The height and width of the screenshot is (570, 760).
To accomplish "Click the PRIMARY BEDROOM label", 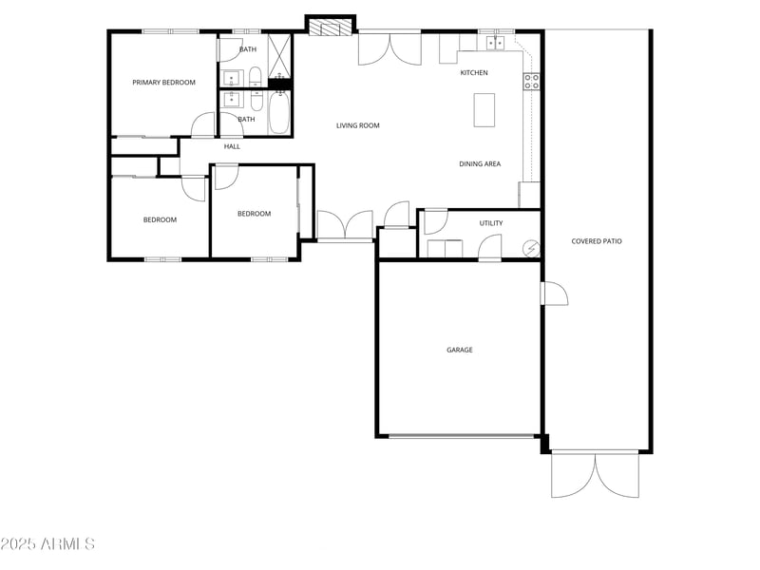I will (x=163, y=83).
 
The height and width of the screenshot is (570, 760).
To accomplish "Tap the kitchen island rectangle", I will (x=484, y=109).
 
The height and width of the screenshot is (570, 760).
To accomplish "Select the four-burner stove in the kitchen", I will (x=531, y=83).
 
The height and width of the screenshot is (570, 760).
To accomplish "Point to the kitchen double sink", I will (x=496, y=43).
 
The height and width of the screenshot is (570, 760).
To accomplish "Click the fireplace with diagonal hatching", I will (x=330, y=28).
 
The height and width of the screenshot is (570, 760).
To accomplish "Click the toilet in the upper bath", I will (x=255, y=76).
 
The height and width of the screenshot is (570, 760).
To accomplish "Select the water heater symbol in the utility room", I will (x=533, y=249).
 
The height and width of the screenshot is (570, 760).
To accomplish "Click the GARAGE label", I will (x=460, y=350).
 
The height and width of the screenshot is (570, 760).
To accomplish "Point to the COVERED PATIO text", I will (x=597, y=241).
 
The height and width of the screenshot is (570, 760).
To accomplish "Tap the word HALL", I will (x=232, y=146).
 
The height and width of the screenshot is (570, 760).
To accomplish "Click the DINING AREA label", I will (x=480, y=164).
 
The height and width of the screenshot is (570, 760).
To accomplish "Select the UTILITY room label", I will (x=491, y=223).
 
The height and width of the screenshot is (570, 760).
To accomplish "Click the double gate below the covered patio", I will (x=595, y=474).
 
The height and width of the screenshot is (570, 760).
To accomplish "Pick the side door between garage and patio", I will (x=554, y=294).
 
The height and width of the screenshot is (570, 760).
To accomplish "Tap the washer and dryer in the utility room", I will (x=445, y=250).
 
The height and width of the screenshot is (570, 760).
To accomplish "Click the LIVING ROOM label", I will (x=358, y=125).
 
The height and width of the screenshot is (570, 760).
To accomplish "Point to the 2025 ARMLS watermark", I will (x=47, y=544).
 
